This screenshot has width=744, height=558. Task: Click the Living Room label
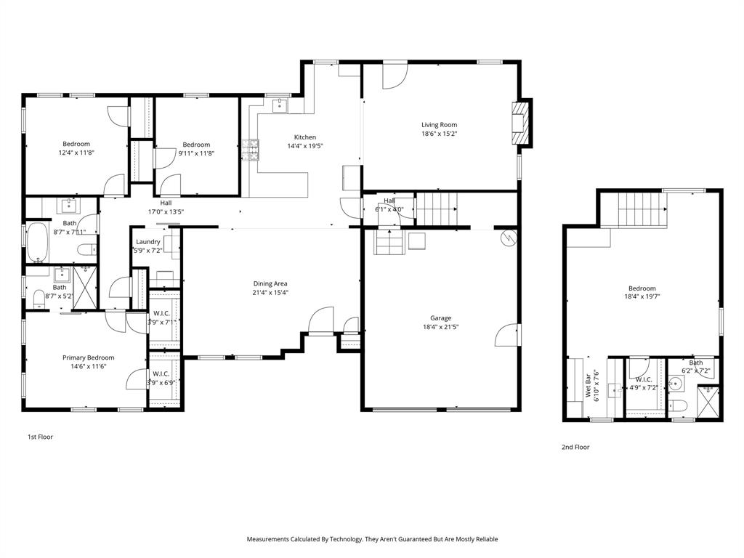click(x=439, y=125)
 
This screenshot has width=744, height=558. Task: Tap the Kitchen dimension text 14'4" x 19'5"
click(x=304, y=146)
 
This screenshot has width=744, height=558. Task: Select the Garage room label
click(x=440, y=318)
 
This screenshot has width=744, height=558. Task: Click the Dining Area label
click(x=270, y=283)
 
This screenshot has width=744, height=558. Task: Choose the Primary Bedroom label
click(x=88, y=357)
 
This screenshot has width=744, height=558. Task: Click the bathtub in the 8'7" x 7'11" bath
click(x=36, y=243)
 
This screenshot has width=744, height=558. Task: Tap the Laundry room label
click(x=147, y=241)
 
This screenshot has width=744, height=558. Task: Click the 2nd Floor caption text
click(x=575, y=448)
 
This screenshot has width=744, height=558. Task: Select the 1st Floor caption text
click(x=40, y=437)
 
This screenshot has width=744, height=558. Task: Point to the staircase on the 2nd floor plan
click(x=642, y=210)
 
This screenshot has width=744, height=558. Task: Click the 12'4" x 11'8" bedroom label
click(x=76, y=144)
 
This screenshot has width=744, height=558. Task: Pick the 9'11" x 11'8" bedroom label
click(x=196, y=145)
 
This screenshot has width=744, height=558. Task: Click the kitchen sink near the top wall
click(x=280, y=107)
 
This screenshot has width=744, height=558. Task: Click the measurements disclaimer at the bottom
click(x=372, y=539)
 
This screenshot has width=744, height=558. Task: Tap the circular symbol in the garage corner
click(x=509, y=236)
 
